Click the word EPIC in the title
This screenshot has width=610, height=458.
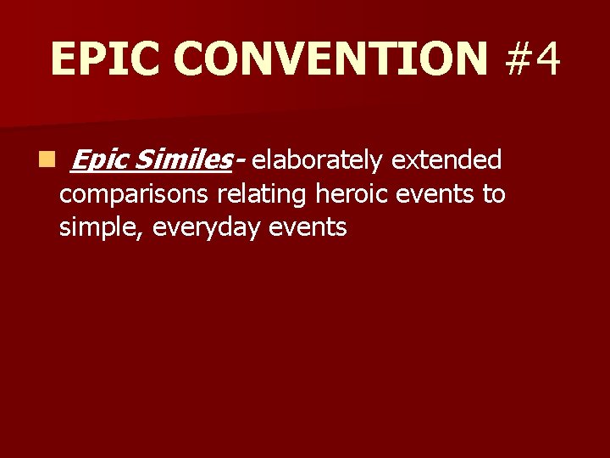106,59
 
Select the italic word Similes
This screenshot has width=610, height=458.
181,159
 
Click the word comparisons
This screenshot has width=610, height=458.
135,194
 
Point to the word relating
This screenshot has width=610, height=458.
263,194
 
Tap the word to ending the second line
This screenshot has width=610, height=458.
493,194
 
